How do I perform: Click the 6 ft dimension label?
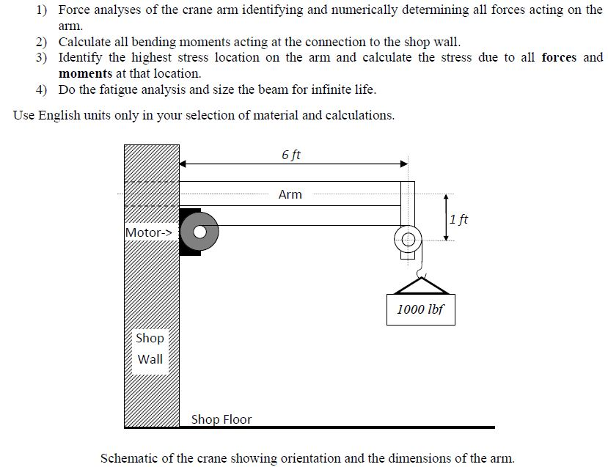(290, 155)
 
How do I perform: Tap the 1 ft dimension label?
(458, 218)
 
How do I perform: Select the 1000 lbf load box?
(420, 309)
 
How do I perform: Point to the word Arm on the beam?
(290, 194)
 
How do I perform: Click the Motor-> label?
(150, 232)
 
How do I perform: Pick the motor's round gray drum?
(205, 231)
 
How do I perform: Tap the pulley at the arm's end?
(408, 238)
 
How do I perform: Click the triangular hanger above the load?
(422, 285)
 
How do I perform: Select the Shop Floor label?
(221, 419)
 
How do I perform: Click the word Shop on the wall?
(150, 338)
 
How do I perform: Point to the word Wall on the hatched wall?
(150, 359)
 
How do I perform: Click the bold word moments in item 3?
(85, 73)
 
